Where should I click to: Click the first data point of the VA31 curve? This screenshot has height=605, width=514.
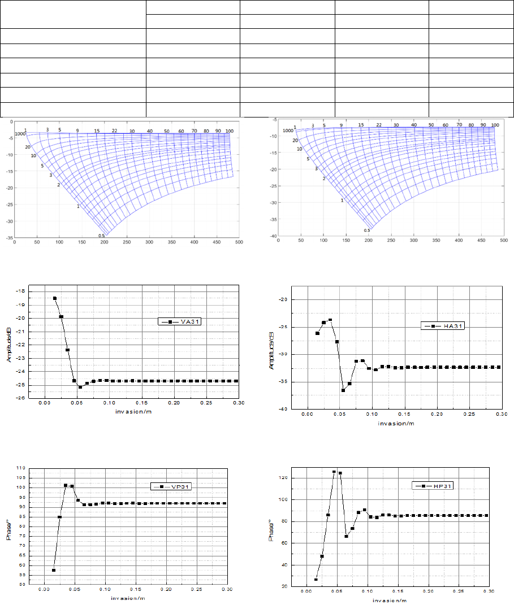click(55, 298)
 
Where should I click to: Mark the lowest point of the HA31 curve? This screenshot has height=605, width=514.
click(343, 390)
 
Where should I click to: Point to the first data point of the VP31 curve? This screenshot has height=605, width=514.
click(54, 570)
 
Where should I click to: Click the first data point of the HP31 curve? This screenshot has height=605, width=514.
click(316, 580)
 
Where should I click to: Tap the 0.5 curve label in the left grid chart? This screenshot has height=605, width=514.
click(102, 236)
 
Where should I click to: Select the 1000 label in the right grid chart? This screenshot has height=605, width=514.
click(288, 130)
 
